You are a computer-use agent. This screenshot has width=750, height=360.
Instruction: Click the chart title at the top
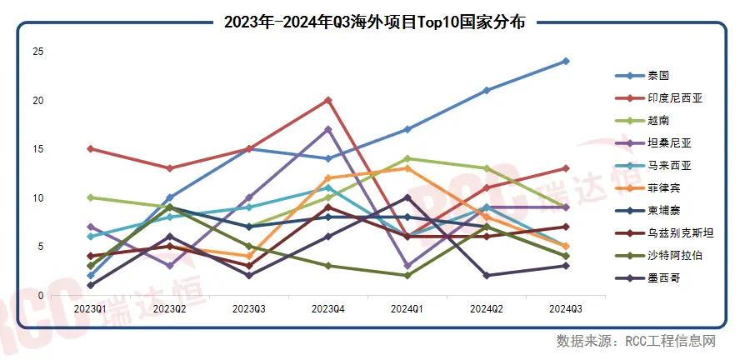tap(374, 22)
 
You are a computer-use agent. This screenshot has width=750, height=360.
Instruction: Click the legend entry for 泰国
tap(658, 75)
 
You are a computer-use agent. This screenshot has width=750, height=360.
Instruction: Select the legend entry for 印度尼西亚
tap(675, 97)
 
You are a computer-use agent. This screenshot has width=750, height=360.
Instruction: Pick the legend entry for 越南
tap(658, 120)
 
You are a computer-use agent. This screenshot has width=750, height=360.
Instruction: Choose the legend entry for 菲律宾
tap(663, 188)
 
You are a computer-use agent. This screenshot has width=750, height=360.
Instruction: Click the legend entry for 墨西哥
tap(663, 278)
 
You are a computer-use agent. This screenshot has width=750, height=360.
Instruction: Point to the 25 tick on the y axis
tap(37, 52)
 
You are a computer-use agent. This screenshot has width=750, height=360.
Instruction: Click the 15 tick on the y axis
tap(37, 149)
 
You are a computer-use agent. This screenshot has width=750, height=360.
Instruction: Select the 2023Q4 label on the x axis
tap(328, 308)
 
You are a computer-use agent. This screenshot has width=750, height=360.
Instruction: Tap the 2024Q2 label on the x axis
tap(487, 308)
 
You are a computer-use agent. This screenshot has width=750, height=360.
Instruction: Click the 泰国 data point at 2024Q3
tap(566, 61)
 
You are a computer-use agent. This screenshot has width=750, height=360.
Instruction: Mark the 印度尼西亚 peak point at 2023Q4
tap(328, 100)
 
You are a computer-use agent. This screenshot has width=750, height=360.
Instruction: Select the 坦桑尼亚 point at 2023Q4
tap(328, 129)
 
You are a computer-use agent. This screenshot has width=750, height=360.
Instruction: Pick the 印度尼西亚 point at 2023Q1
tap(90, 149)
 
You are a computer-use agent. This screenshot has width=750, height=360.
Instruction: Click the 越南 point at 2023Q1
tap(90, 197)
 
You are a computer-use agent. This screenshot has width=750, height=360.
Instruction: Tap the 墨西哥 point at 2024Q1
tap(407, 197)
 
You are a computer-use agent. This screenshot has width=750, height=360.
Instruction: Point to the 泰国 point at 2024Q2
tap(487, 90)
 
